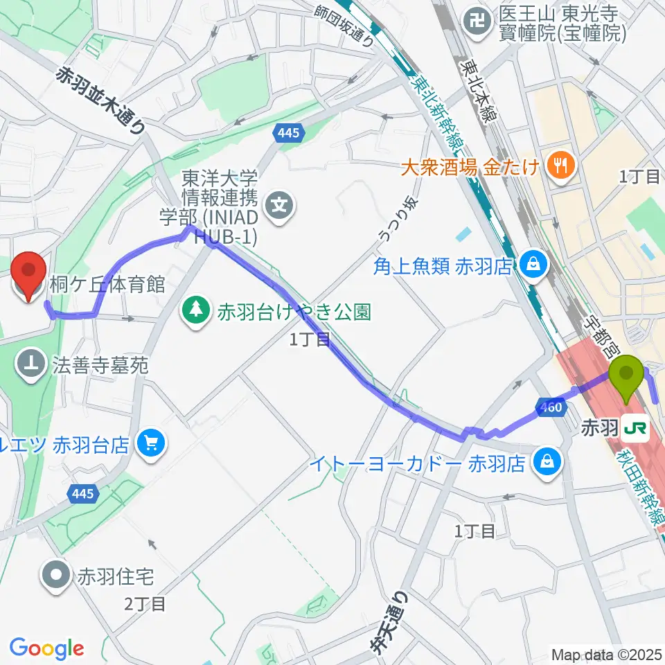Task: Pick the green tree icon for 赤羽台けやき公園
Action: [197, 309]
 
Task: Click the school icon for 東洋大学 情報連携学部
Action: [280, 204]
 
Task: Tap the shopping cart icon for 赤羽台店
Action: [149, 441]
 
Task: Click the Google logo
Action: [46, 648]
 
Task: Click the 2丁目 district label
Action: [145, 604]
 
